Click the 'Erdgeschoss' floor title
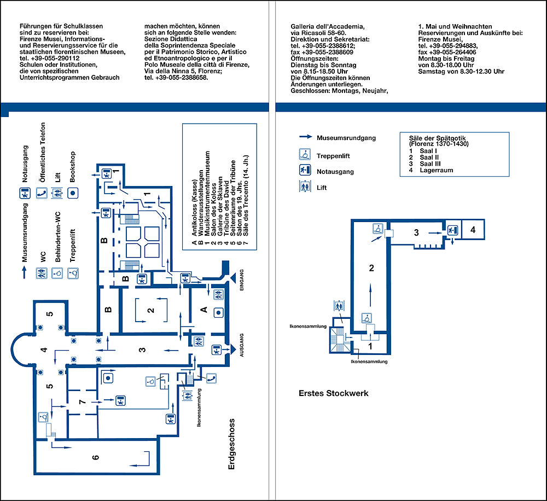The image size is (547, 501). click(231, 444)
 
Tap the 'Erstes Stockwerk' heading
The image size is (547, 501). click(334, 393)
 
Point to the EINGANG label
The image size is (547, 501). click(241, 280)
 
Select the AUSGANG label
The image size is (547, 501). click(241, 345)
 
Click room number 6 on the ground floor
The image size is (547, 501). click(96, 457)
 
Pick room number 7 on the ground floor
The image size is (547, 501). click(83, 402)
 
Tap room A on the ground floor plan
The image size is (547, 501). click(204, 310)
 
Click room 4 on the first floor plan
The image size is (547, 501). click(473, 230)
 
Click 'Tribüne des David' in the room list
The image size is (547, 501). click(226, 208)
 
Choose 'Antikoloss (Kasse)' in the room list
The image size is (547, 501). click(194, 208)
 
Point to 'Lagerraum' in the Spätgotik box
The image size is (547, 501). click(437, 170)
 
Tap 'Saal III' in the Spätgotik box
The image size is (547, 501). click(430, 164)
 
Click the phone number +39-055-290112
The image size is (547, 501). click(50, 59)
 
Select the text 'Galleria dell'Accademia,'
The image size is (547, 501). click(328, 26)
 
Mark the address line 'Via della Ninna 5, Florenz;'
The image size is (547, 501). click(183, 71)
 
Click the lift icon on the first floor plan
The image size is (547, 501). click(339, 306)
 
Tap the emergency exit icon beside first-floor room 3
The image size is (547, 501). click(452, 230)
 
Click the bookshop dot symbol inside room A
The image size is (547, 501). click(218, 313)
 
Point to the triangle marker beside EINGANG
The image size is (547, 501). click(232, 278)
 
